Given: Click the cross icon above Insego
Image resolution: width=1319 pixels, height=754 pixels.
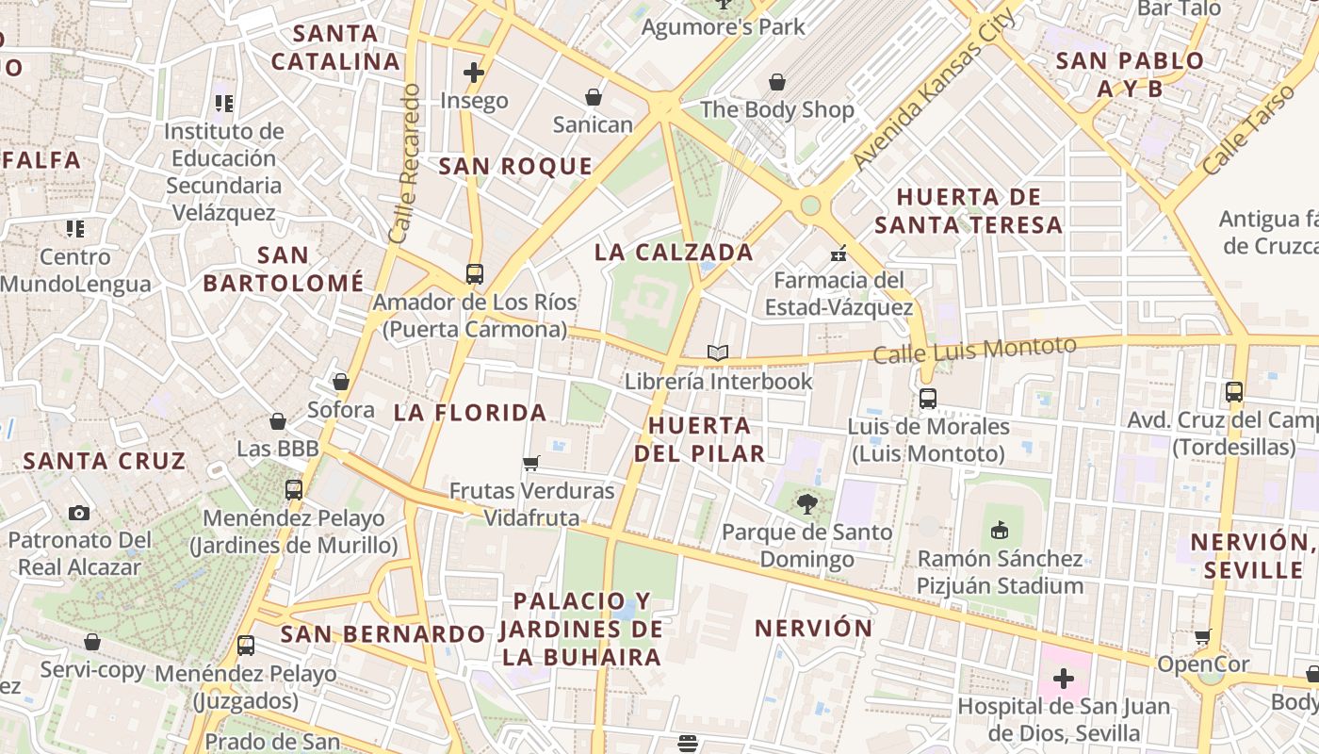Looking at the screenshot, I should pos(474,73).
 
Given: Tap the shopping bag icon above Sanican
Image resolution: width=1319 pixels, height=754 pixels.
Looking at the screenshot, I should pos(594,96).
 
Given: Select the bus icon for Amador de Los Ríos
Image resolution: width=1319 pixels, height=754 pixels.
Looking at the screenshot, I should pos(475,274).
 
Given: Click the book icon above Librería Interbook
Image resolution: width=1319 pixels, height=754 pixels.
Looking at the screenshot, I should pos(718,352).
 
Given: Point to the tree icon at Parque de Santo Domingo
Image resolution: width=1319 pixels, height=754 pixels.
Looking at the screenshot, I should pos(806,504).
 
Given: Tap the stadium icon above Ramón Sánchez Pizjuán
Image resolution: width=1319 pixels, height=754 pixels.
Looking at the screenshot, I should pos(1000,531).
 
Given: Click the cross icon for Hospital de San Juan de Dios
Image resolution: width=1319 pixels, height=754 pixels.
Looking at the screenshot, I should pos(1064,678).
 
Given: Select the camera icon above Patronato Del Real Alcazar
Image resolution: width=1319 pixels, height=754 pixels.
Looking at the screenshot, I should pos(79,513).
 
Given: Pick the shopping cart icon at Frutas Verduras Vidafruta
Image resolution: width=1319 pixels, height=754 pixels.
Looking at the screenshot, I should pos(531,463).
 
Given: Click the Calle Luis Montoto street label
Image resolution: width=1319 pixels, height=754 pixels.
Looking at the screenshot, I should pos(974,351).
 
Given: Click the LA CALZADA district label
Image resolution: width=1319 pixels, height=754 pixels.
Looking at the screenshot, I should pos(674,253).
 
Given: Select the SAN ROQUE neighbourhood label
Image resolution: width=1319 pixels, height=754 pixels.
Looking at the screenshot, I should pos(515,167).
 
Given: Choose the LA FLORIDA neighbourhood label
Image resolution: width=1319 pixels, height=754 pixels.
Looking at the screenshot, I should pos(470,412).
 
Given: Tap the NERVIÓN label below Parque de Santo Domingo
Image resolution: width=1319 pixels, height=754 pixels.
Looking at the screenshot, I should pos(814,628).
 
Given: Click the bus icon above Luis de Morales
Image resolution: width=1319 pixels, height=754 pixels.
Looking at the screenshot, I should pos(928,399).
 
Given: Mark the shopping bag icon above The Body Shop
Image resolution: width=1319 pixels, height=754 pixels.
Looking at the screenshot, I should pos(777,82).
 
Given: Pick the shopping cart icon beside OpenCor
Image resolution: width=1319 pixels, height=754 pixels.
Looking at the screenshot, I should pos(1202,636).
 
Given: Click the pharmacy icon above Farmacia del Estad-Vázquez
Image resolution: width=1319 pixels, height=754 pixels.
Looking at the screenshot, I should pos(839,253).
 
